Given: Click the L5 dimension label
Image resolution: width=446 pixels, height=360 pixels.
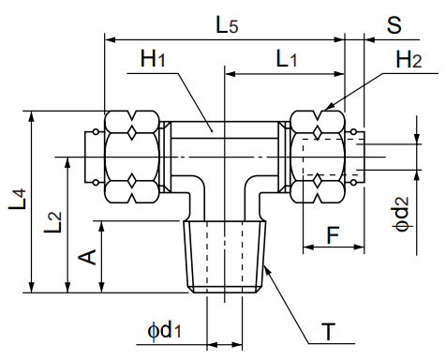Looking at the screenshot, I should coord(227,25).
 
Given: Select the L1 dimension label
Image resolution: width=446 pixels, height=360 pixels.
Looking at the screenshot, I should coord(288,60).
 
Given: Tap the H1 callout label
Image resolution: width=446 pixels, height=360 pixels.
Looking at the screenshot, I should coord(153,60).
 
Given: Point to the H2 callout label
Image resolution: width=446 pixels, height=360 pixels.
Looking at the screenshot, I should coord(409,60).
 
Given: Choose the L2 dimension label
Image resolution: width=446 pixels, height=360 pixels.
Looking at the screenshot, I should coord(54,223).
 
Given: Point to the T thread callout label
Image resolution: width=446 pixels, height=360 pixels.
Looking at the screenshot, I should coord(328,332).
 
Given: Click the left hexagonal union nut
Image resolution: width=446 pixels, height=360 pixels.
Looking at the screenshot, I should coord(132,157).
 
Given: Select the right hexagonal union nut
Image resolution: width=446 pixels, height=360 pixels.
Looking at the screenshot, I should coord(319,157).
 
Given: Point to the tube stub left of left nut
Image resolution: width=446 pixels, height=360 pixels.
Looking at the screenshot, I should coord(95,156).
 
